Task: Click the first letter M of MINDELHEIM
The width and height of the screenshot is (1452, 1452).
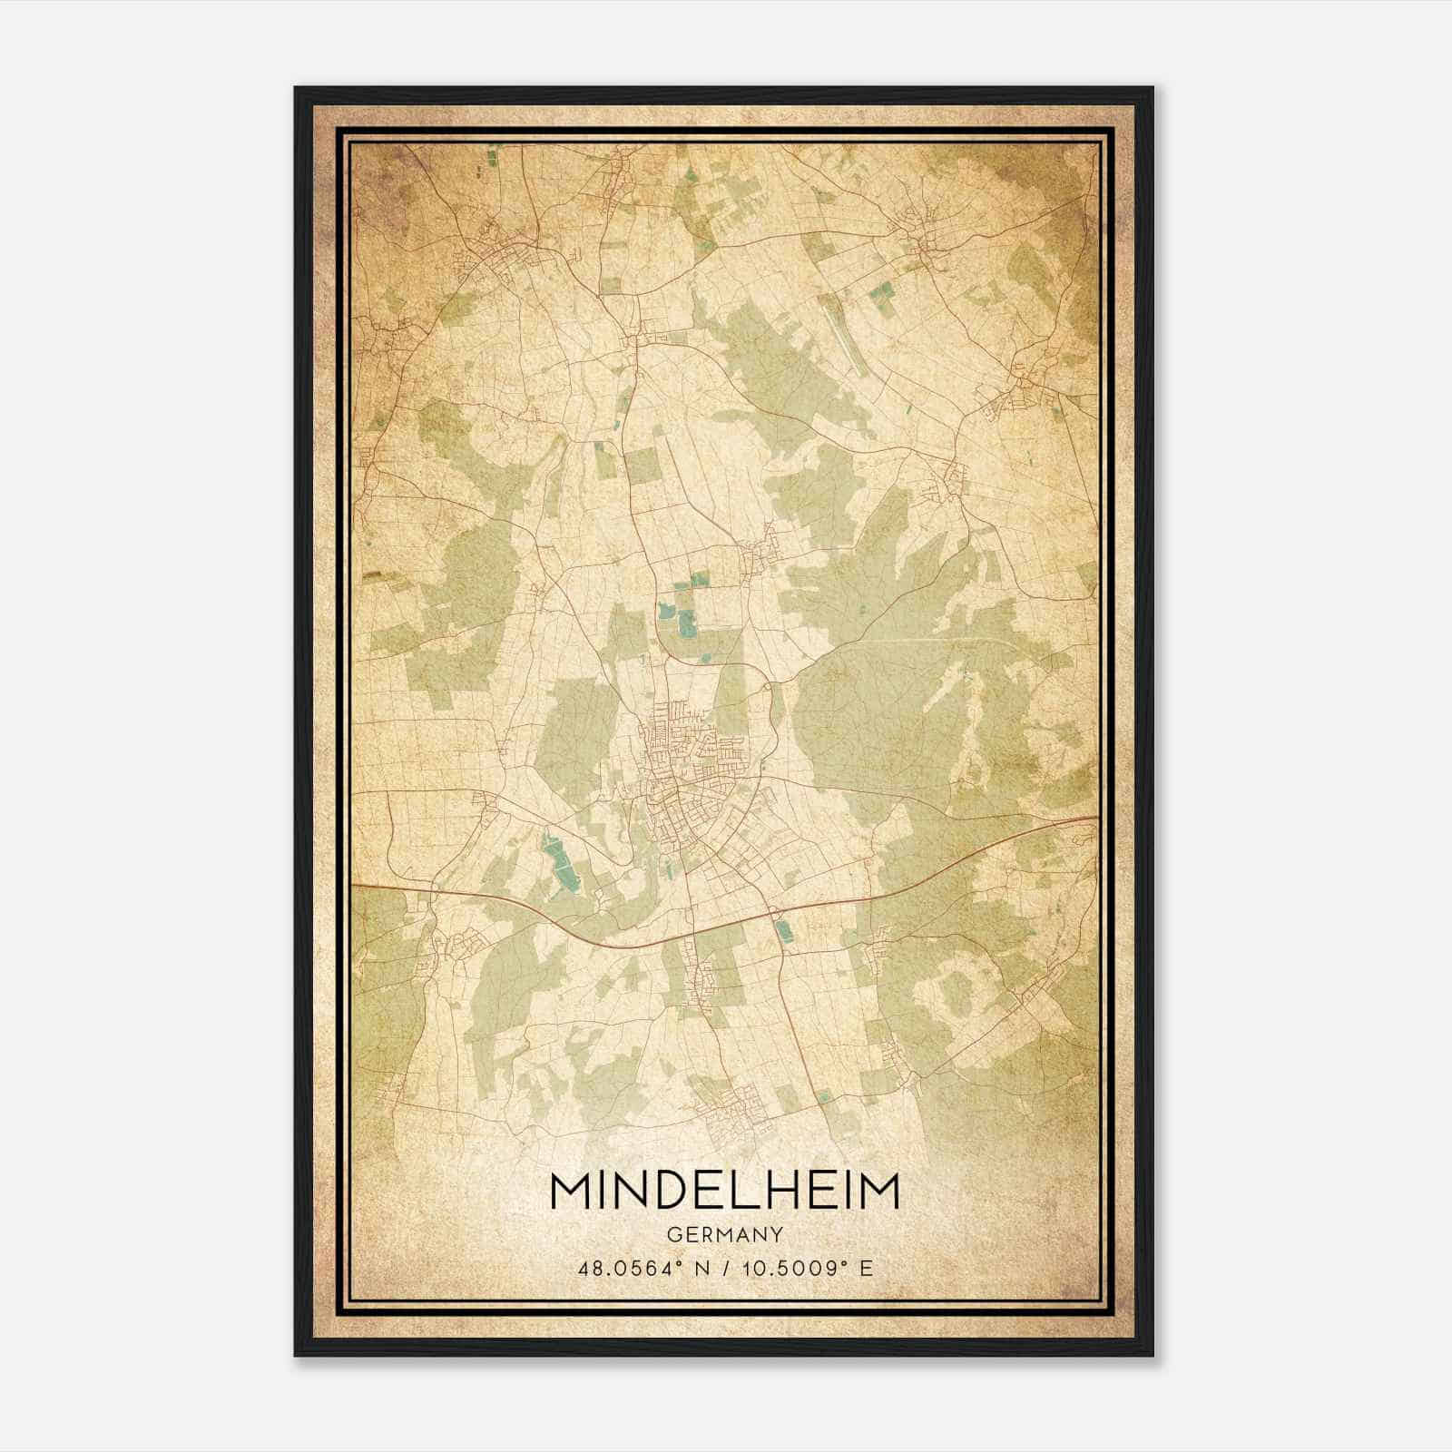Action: [569, 1192]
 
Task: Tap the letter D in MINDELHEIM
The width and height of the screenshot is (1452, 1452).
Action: [672, 1192]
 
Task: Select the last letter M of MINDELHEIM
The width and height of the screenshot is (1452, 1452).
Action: [878, 1192]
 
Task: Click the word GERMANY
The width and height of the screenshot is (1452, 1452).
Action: [724, 1234]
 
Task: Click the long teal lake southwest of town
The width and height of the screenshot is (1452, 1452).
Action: [558, 862]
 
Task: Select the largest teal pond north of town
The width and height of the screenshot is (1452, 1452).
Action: [687, 623]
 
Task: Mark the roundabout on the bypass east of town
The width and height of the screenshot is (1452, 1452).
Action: [772, 687]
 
